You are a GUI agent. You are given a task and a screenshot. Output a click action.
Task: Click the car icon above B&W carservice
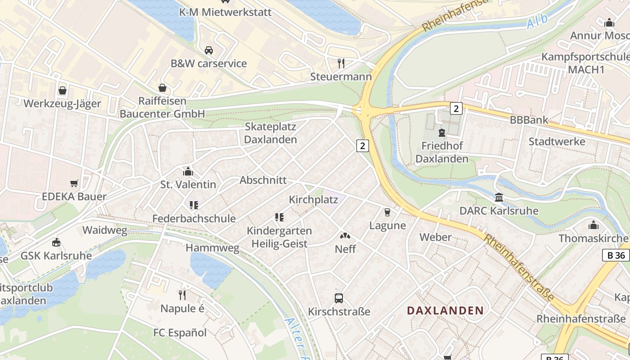pos(209,50)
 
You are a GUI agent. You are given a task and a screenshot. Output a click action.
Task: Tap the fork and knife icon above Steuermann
pos(341,63)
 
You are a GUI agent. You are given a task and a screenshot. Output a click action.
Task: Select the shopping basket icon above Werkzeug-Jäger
pos(63,90)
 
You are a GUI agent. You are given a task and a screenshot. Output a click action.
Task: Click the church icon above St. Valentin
pos(188,171)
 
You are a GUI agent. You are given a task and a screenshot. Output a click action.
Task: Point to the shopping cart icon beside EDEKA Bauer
pos(74,183)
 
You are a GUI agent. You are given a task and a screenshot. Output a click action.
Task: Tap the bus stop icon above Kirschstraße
pos(339,298)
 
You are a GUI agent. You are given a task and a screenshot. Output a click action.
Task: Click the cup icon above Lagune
pos(387,212)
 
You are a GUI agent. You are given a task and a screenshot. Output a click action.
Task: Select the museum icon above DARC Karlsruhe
pos(499,197)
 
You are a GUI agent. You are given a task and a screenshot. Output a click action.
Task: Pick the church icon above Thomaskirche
pos(594,225)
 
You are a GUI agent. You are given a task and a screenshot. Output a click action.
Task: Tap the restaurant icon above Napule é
pos(182,295)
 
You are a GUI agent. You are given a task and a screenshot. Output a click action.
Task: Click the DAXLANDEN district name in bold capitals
pos(445,310)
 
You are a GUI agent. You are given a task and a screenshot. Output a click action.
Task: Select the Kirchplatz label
pos(313,199)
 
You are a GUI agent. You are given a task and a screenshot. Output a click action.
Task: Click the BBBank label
pos(529,120)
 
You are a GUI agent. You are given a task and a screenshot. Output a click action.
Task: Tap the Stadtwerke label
pos(557,141)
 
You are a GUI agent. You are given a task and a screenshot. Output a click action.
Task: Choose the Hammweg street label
pos(212,248)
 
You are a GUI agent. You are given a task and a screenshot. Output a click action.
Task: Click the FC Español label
pos(180,333)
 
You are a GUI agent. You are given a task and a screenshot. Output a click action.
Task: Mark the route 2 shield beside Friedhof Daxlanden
pos(456,108)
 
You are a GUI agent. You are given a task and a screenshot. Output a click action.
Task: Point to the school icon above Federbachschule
pos(194,205)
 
